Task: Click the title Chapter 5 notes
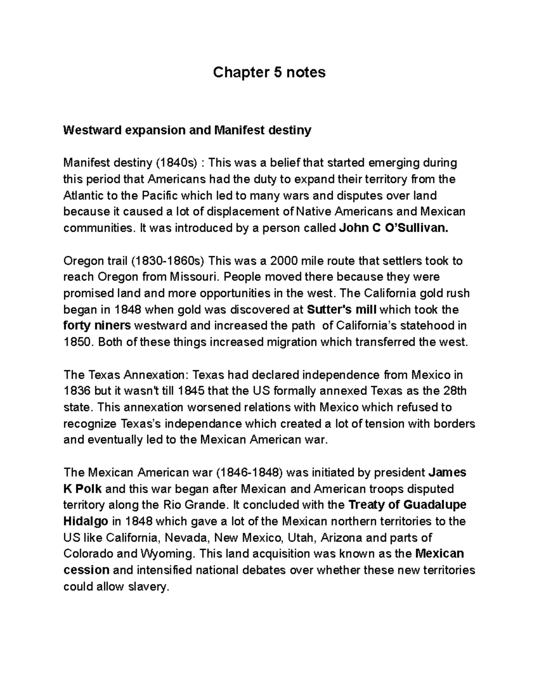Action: tap(269, 72)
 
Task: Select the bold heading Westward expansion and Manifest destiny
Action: tap(187, 131)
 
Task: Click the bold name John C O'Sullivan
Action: tap(393, 228)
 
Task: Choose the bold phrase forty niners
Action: tap(97, 326)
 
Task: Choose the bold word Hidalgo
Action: tap(86, 522)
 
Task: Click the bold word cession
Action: tap(86, 570)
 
